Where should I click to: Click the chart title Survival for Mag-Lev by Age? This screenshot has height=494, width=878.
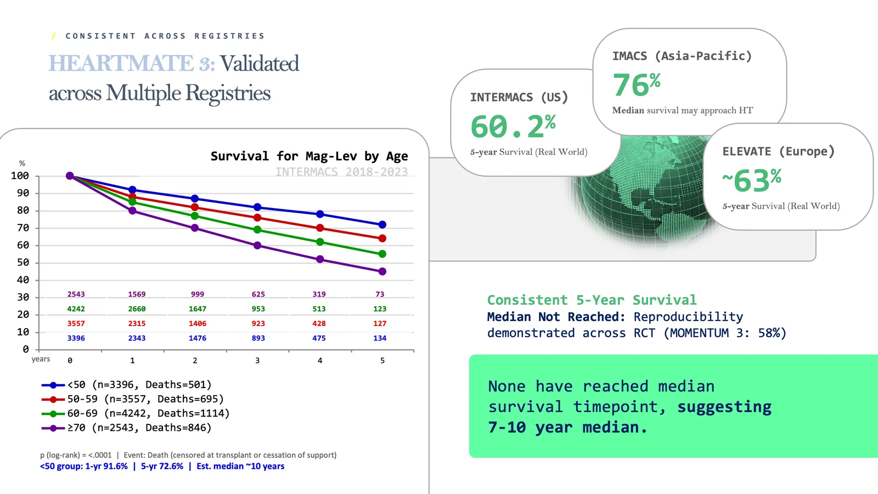pos(309,156)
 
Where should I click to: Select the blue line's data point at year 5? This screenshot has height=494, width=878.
pos(382,224)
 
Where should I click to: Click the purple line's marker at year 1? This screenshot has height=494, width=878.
pos(132,211)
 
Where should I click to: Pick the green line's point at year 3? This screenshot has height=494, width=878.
pos(257,229)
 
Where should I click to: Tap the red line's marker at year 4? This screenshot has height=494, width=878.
pos(320,228)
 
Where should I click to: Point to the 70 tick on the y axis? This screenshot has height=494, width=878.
pos(23,228)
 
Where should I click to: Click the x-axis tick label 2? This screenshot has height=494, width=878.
pos(195,361)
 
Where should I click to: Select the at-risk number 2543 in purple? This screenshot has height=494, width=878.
pos(76,294)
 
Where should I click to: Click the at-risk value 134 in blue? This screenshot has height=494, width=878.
pos(380,338)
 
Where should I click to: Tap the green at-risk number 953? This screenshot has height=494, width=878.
pos(258,309)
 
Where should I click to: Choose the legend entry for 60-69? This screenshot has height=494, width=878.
pos(136,413)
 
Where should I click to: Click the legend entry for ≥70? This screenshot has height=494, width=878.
pos(127,428)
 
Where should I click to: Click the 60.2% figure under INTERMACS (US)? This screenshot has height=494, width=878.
pos(513,127)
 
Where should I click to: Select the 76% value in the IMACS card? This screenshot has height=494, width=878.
pos(636,85)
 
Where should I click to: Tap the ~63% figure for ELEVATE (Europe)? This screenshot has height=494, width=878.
pos(752,181)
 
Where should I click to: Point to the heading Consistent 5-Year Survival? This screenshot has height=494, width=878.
pos(592,300)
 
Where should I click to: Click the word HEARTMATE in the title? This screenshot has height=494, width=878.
pos(121,64)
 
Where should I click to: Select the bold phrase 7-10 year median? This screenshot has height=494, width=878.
pos(567,427)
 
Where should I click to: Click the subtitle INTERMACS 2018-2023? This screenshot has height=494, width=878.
pos(341,172)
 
